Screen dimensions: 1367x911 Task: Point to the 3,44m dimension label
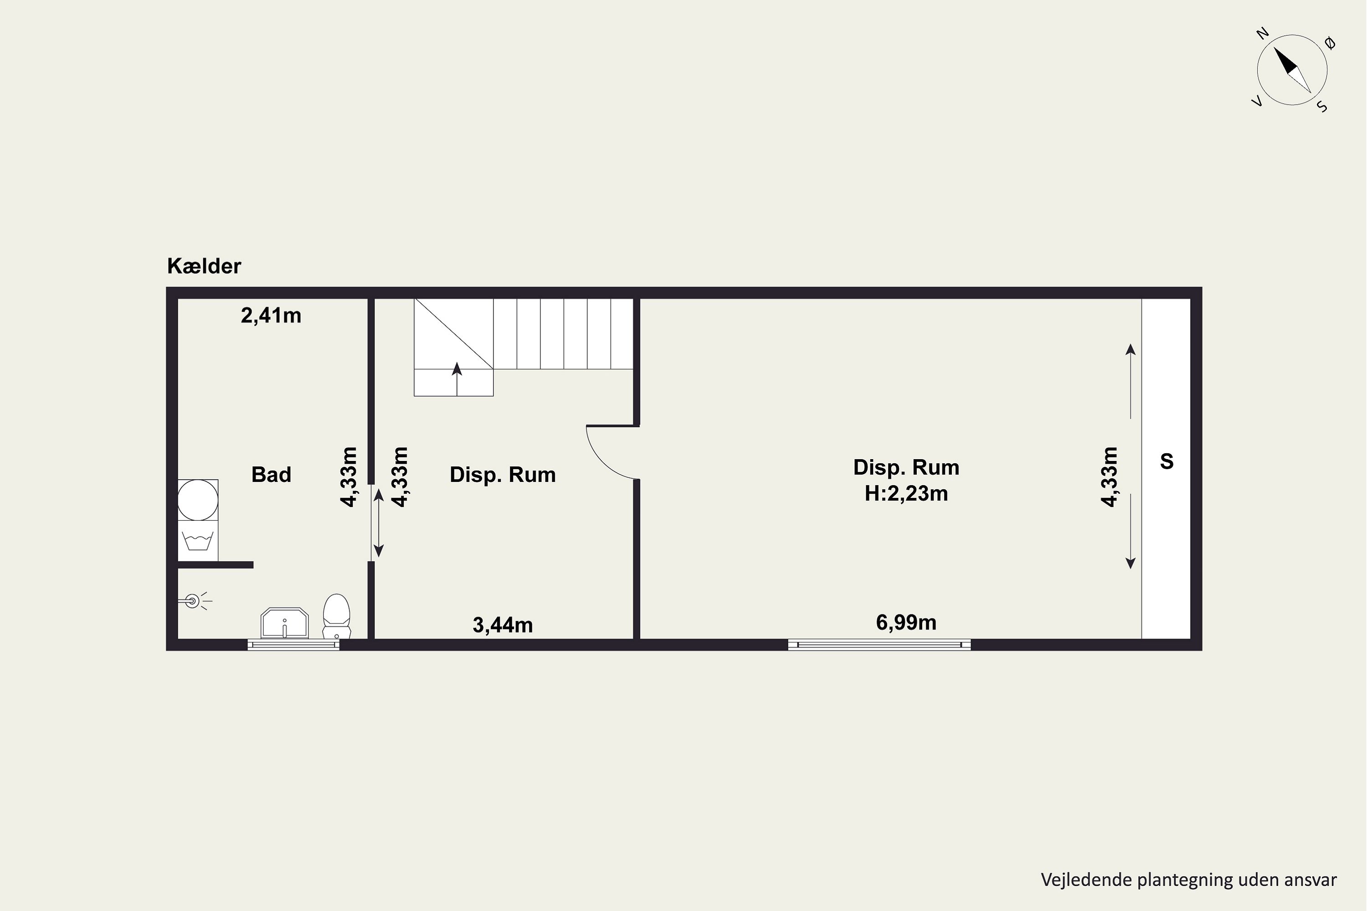[x=503, y=625]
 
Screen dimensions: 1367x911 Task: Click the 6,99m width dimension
[x=906, y=623]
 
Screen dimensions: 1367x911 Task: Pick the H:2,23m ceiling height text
[x=906, y=493]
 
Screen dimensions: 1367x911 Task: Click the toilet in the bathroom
[x=337, y=616]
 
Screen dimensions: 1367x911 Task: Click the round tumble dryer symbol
[x=198, y=500]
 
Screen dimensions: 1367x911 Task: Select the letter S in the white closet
[x=1167, y=461]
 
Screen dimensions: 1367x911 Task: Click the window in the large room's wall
[x=879, y=645]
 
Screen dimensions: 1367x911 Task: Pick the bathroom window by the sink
[x=293, y=645]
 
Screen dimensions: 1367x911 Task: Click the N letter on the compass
[x=1262, y=34]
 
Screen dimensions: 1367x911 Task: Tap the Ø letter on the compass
[x=1330, y=43]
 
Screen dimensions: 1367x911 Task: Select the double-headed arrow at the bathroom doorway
[x=378, y=523]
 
